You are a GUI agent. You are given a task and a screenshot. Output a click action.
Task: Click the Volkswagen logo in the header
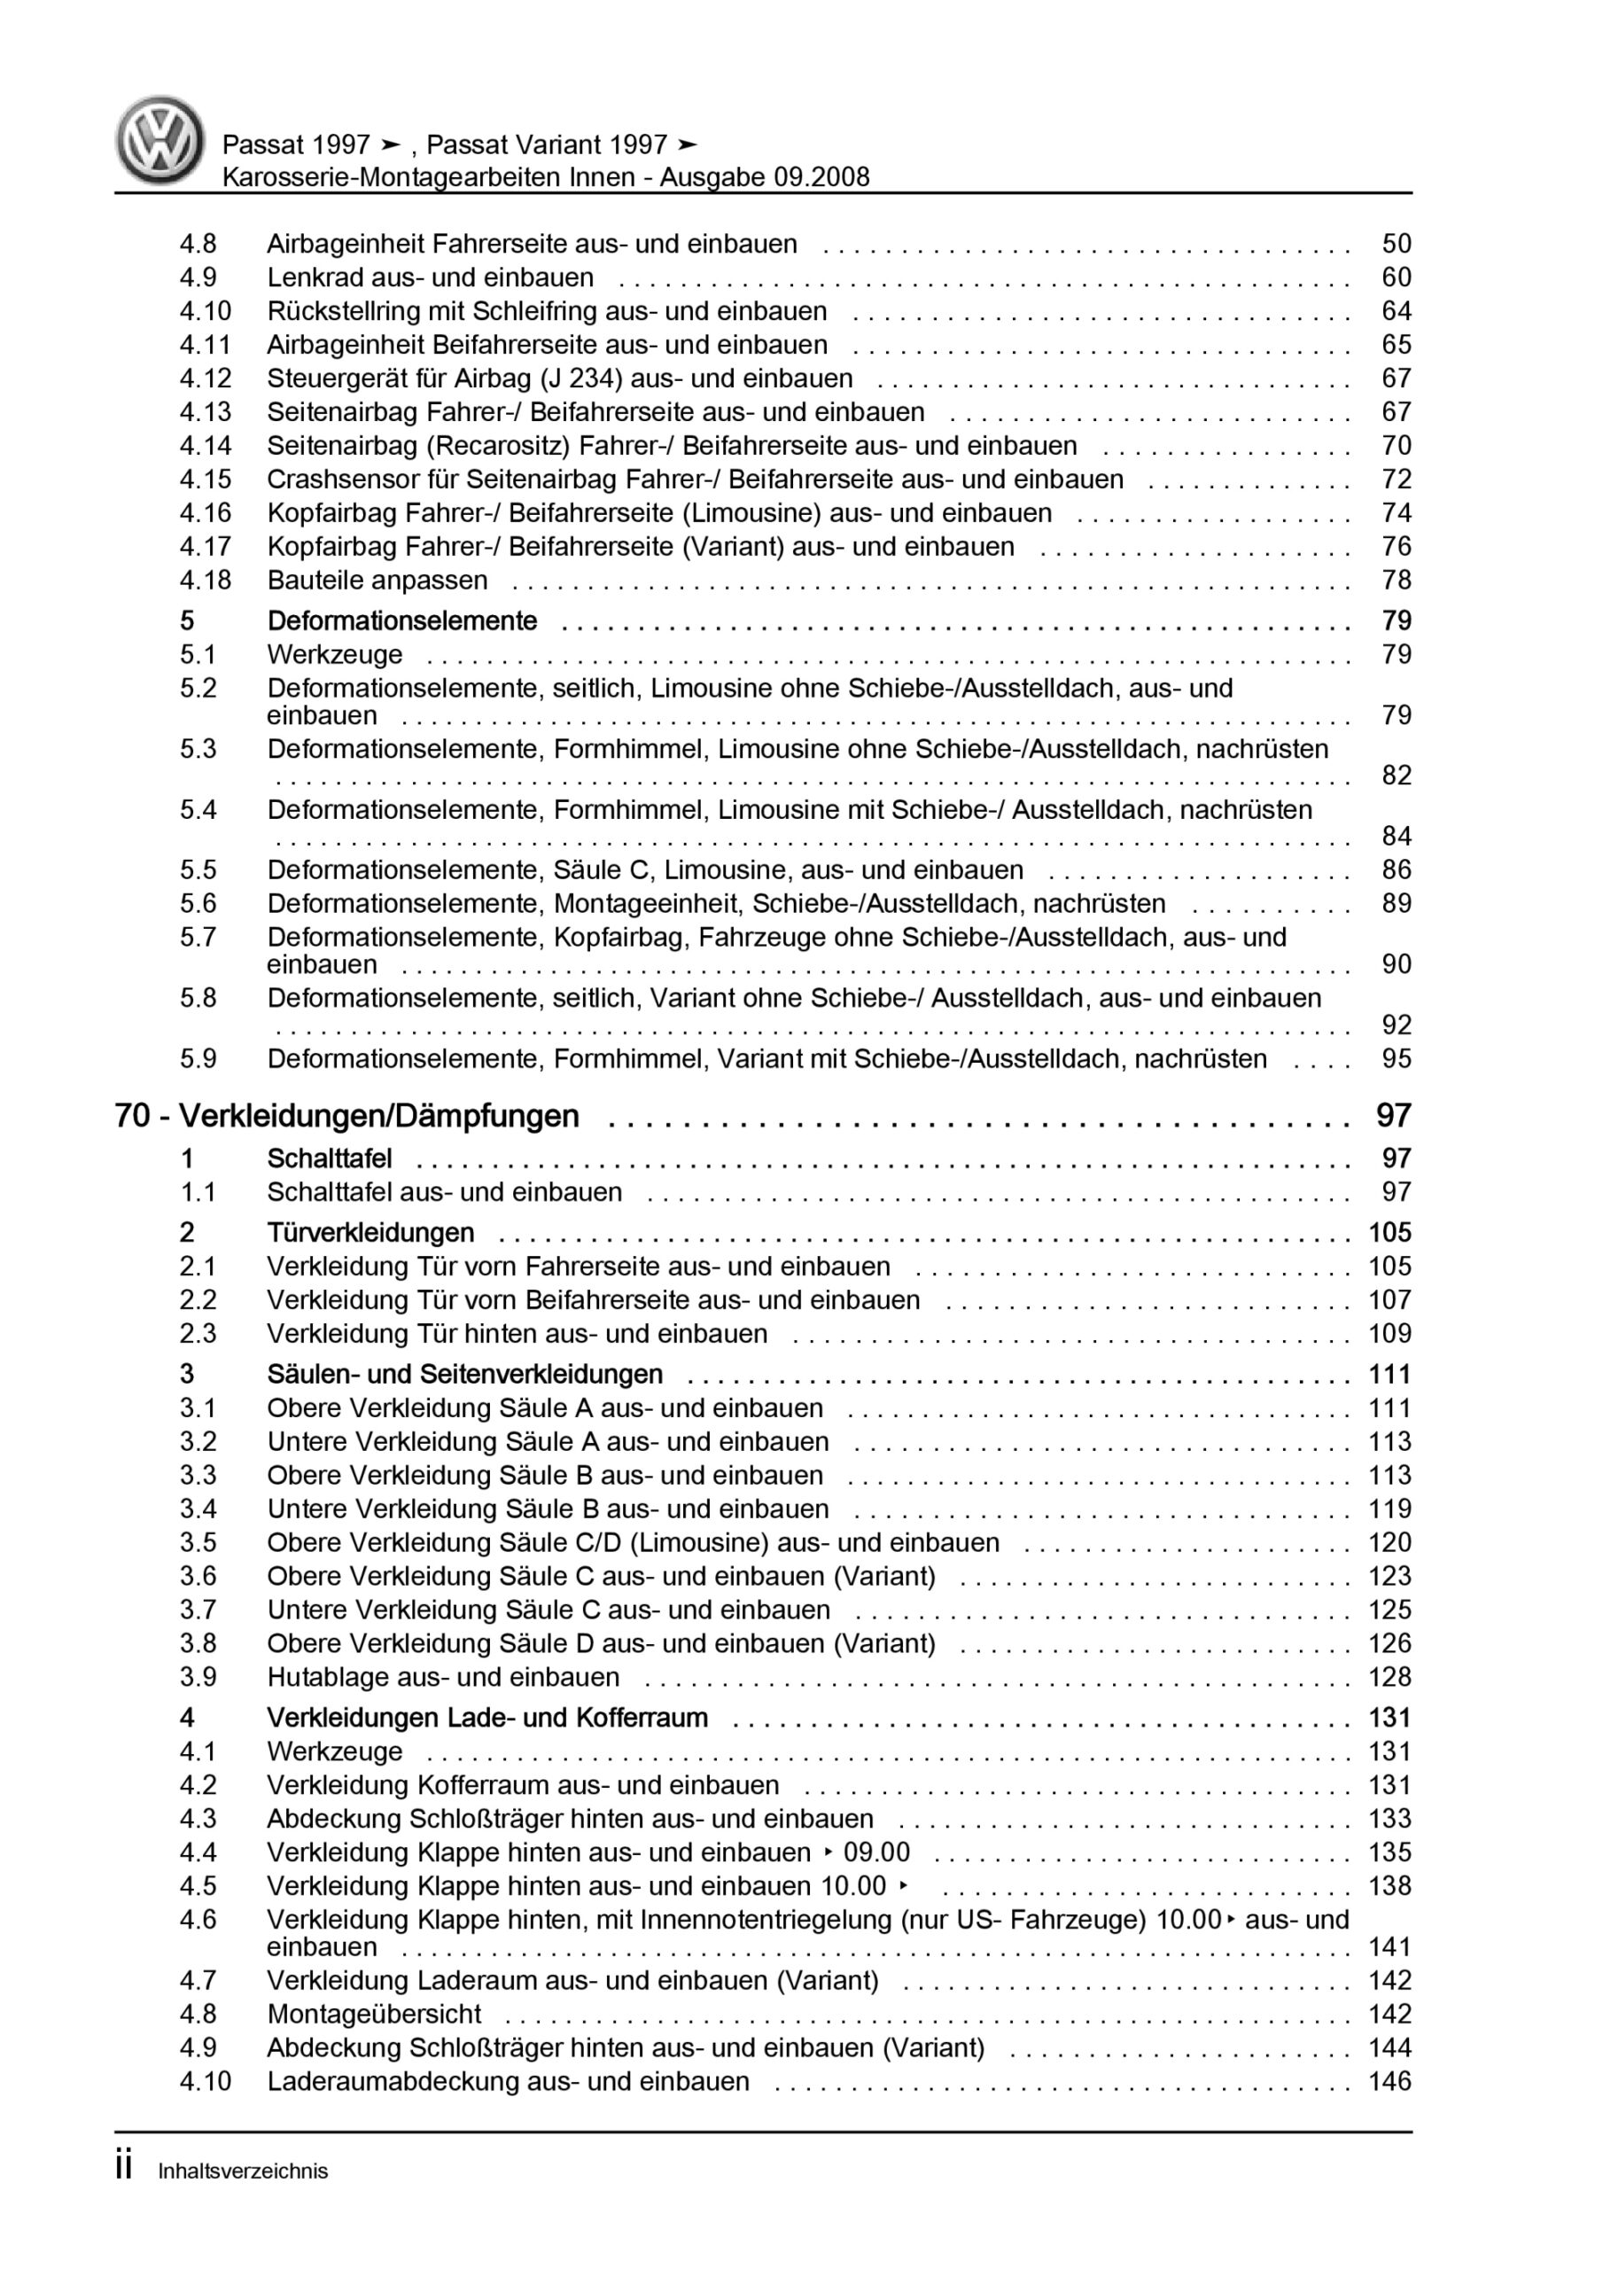pos(160,140)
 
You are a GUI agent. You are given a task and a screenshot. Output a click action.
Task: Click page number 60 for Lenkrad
pos(1396,277)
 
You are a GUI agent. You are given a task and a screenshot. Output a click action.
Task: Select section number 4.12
pos(206,378)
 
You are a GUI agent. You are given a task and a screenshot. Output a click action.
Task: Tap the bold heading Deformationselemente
pos(402,620)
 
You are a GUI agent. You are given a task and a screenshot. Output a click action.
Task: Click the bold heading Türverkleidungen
pos(370,1232)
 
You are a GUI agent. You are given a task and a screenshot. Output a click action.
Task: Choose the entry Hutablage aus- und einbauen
pos(443,1677)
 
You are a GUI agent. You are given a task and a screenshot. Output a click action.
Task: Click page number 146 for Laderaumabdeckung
pos(1389,2081)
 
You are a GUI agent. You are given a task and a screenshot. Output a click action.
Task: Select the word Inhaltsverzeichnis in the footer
pos(243,2172)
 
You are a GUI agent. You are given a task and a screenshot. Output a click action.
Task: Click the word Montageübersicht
pos(374,2014)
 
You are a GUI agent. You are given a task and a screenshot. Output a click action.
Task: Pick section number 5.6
pos(198,903)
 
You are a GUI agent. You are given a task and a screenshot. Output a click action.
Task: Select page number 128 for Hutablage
pos(1389,1677)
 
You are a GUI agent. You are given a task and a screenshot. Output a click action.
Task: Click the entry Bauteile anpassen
pos(377,580)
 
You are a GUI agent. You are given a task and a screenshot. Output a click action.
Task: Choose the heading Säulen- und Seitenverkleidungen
pos(464,1375)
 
